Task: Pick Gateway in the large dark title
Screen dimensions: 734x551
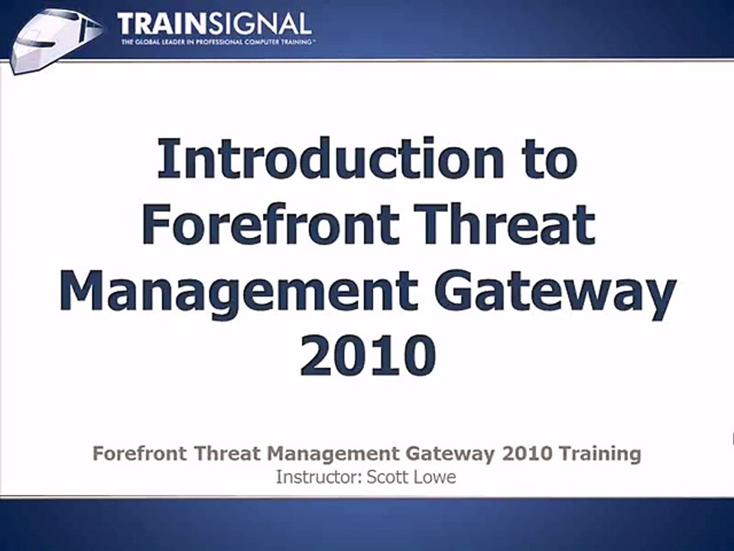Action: point(556,292)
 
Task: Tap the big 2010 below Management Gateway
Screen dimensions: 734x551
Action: point(368,355)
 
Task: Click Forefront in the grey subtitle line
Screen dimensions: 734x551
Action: point(139,453)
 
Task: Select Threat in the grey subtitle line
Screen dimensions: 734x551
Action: point(227,453)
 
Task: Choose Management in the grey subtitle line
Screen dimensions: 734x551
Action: point(334,454)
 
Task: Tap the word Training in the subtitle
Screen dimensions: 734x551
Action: point(600,454)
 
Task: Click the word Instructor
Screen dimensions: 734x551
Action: point(318,477)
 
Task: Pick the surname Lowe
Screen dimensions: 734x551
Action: point(434,477)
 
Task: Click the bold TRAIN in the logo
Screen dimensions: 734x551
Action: point(161,24)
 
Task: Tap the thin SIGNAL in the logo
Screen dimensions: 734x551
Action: point(259,24)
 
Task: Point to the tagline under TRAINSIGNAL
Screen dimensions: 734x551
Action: point(216,42)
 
